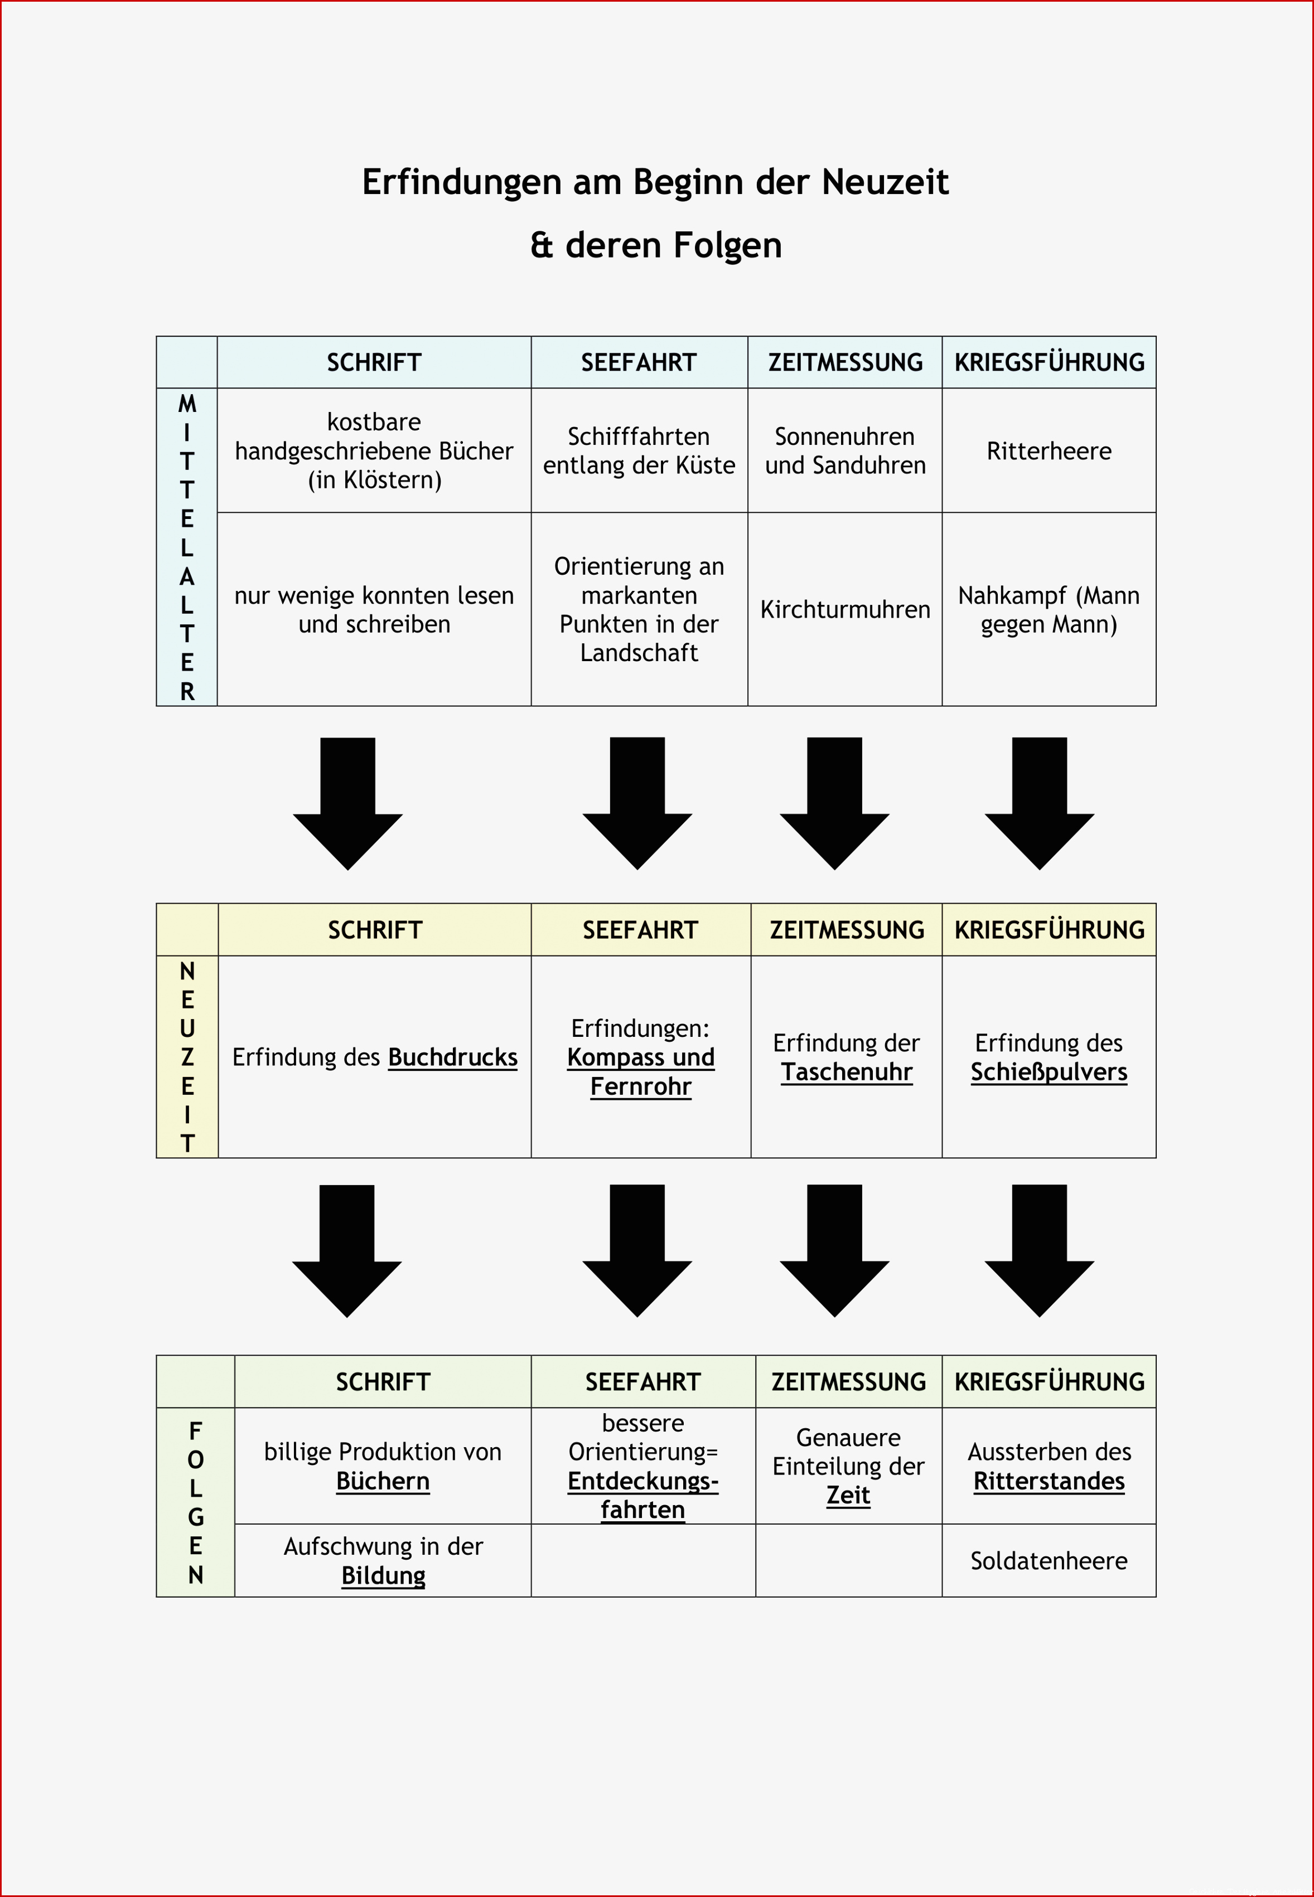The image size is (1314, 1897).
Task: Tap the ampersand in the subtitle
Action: (541, 245)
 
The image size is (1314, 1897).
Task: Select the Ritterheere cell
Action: (1049, 451)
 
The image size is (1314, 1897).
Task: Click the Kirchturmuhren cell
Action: (845, 609)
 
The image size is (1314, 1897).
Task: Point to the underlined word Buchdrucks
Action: (453, 1057)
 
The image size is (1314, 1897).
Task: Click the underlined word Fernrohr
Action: (640, 1086)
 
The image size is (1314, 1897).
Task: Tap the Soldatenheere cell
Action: (1049, 1560)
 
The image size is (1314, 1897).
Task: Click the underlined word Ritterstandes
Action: (1049, 1481)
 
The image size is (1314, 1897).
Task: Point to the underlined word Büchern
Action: (383, 1481)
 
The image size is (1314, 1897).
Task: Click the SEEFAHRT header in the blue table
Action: (639, 362)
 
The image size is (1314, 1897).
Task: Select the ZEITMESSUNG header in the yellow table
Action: (847, 930)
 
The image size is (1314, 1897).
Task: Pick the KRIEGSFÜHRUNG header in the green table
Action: (1049, 1382)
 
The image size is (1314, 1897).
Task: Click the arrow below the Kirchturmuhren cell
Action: (834, 803)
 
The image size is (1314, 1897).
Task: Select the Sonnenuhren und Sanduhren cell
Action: (845, 451)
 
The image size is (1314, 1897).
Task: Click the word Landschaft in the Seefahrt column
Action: (639, 653)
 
